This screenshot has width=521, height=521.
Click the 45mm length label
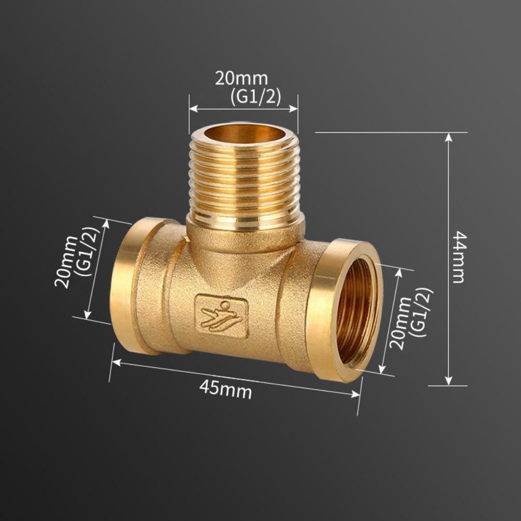click(x=225, y=389)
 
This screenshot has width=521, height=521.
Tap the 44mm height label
click(x=458, y=257)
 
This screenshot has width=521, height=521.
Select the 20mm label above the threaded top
click(x=241, y=79)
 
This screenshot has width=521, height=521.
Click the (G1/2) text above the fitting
click(x=255, y=97)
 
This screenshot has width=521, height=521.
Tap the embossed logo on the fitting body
click(x=221, y=316)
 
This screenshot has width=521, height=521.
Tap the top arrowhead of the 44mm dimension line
click(x=449, y=137)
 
